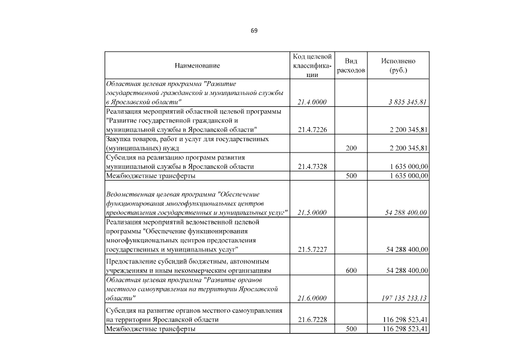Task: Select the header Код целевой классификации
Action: [x=313, y=66]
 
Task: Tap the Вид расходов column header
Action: [x=351, y=66]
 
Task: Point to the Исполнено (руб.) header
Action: [x=398, y=66]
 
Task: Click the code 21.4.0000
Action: [x=312, y=102]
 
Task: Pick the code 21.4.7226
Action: [x=312, y=129]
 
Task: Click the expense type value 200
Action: [x=351, y=148]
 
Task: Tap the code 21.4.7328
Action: [x=312, y=166]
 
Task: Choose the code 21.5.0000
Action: [x=312, y=213]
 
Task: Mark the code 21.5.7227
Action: [x=312, y=249]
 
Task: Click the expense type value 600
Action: [x=351, y=271]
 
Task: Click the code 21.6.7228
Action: [x=312, y=319]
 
